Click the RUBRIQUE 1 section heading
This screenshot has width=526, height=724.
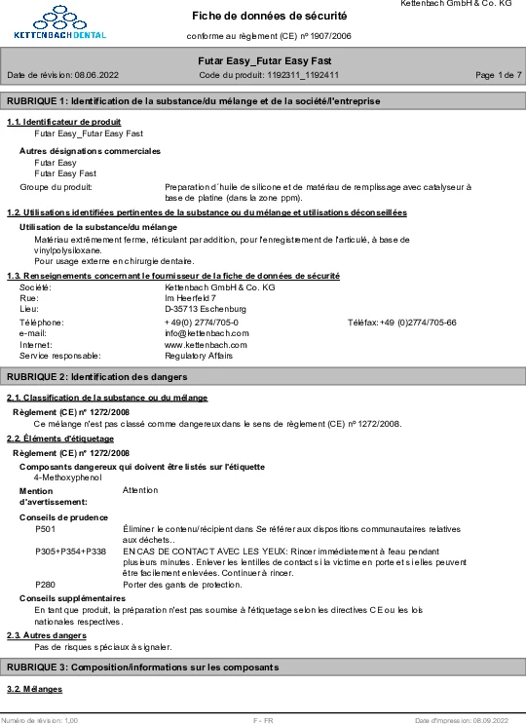point(194,101)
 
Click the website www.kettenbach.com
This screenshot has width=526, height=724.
point(206,345)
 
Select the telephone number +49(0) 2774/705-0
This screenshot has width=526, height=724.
point(202,322)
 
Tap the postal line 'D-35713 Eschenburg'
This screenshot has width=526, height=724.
point(206,310)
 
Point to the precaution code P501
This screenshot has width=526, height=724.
point(45,528)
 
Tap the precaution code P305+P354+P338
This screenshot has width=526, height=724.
point(70,552)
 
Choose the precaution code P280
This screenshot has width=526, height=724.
point(45,584)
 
